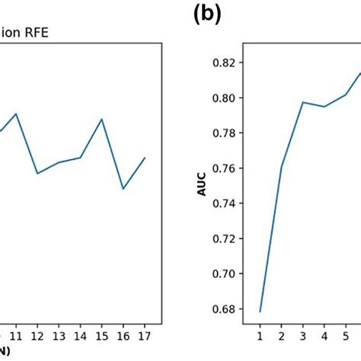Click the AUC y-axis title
pos(202,186)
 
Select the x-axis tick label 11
pos(15,335)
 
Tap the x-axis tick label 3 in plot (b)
pos(303,335)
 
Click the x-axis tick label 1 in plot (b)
pos(260,335)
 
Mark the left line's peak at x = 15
pos(102,119)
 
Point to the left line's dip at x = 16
pos(123,189)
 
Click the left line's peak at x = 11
pos(15,113)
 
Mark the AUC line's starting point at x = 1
pos(260,311)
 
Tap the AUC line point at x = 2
pos(282,166)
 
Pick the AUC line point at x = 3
pos(303,102)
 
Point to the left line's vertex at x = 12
pos(37,174)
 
